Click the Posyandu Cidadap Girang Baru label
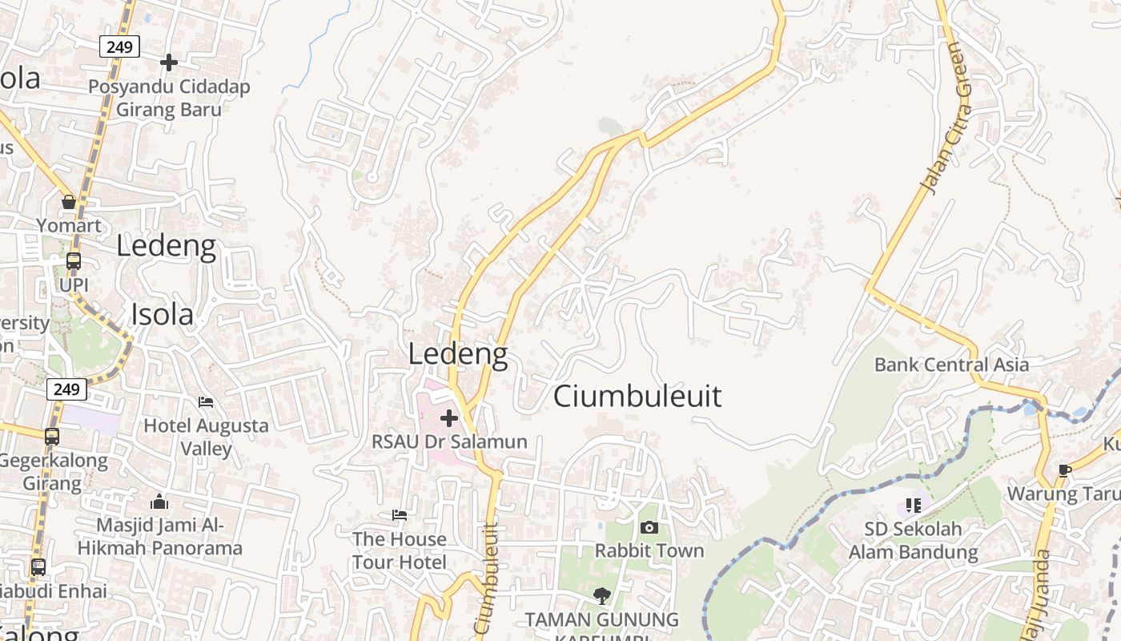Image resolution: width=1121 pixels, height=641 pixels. click(169, 98)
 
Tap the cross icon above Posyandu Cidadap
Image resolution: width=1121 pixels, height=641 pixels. click(169, 62)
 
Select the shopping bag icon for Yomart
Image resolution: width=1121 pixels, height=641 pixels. click(69, 202)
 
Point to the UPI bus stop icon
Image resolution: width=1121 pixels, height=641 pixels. click(73, 261)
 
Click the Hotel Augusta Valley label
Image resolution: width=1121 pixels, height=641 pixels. click(206, 437)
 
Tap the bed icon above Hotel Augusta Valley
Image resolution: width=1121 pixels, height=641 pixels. click(206, 401)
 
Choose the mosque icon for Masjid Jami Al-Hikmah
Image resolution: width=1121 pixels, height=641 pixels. click(159, 502)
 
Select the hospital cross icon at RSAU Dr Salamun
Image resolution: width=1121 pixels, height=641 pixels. click(449, 417)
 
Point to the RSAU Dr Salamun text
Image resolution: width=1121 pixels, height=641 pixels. click(449, 441)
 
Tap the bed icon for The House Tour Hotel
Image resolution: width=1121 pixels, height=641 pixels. click(400, 514)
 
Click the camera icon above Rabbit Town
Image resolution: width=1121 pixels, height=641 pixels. click(649, 527)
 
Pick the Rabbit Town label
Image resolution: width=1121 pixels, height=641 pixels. click(649, 550)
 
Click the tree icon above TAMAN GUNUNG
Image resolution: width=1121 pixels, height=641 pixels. click(601, 595)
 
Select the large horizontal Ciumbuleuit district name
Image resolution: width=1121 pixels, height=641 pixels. click(637, 396)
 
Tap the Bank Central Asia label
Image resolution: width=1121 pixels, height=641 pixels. click(951, 365)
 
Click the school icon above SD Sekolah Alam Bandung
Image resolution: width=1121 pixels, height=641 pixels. click(914, 505)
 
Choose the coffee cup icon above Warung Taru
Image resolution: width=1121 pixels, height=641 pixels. click(1064, 470)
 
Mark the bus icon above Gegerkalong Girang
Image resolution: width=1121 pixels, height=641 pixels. click(52, 437)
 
